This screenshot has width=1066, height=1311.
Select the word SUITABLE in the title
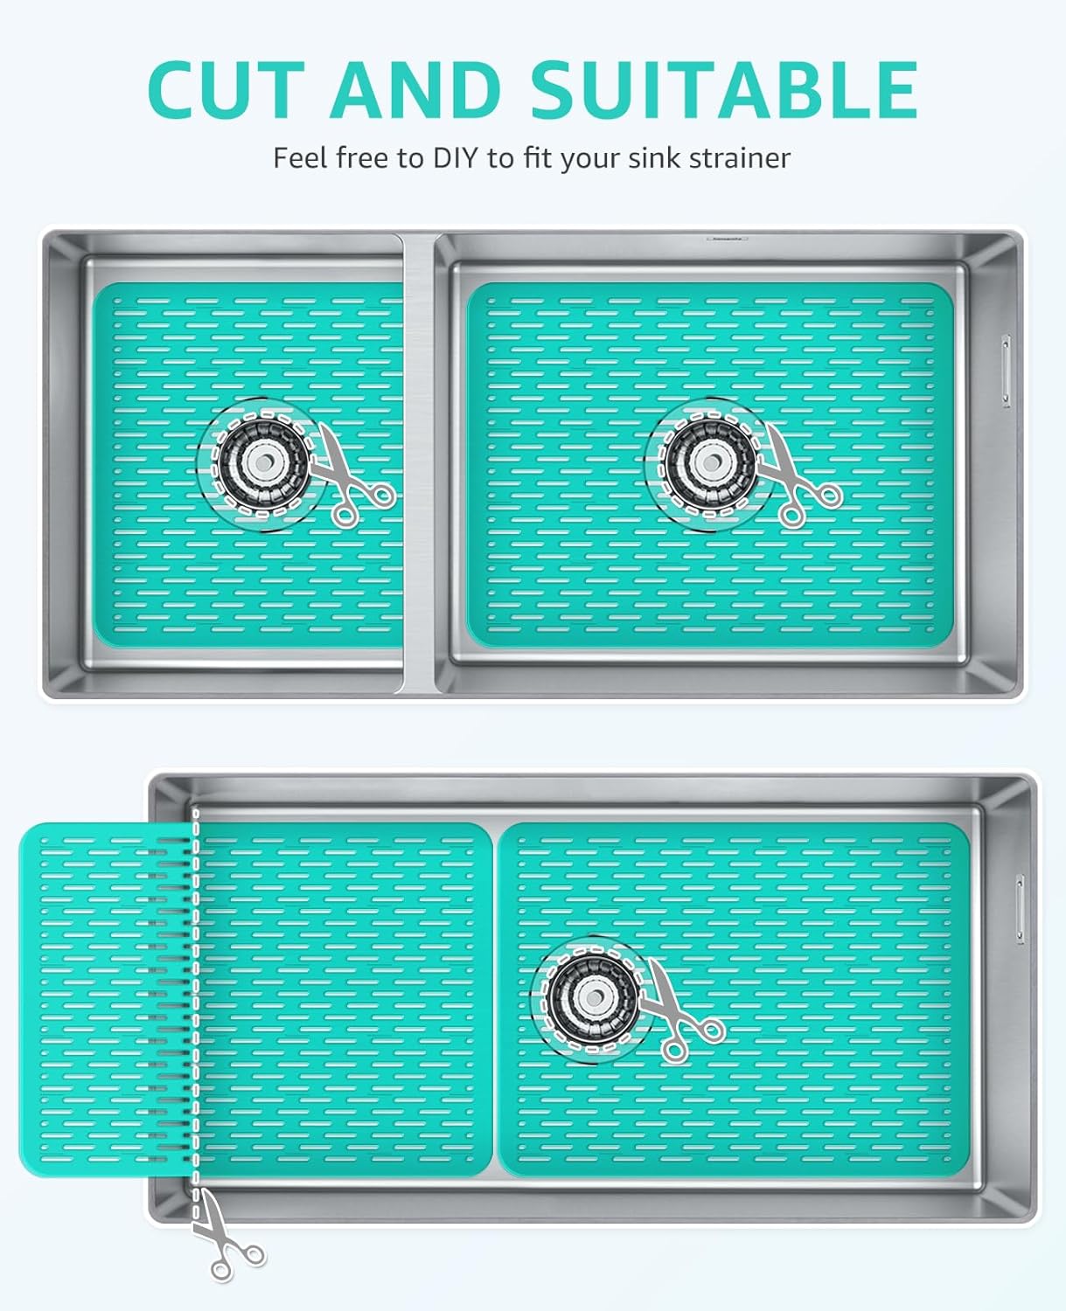(x=724, y=89)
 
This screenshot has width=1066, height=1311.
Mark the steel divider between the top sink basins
(x=418, y=463)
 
